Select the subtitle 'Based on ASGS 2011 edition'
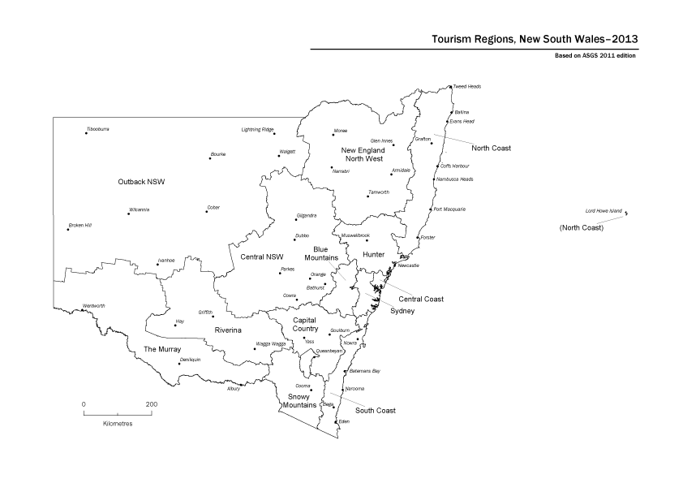click(589, 56)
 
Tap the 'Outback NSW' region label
click(141, 181)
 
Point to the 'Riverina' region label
click(229, 330)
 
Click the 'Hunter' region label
click(373, 255)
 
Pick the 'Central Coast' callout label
click(421, 299)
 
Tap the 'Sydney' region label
click(402, 311)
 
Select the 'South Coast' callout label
click(376, 411)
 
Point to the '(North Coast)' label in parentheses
click(582, 228)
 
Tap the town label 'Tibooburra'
click(97, 129)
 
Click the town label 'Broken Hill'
click(79, 225)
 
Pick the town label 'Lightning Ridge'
click(258, 129)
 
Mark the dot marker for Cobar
click(207, 212)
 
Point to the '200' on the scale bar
click(152, 403)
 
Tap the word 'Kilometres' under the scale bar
click(118, 424)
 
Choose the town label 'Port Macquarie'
click(449, 209)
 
